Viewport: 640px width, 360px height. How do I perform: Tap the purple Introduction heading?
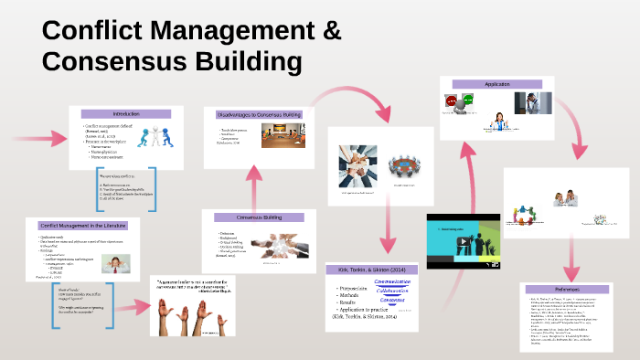coord(126,113)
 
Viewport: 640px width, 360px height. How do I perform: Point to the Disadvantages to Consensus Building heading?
coord(259,114)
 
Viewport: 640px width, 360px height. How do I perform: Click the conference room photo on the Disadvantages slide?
coord(279,136)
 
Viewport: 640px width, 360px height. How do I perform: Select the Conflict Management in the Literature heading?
coord(82,225)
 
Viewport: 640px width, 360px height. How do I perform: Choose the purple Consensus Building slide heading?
coord(258,217)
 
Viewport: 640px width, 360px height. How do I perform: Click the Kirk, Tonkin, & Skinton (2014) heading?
coord(371,271)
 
